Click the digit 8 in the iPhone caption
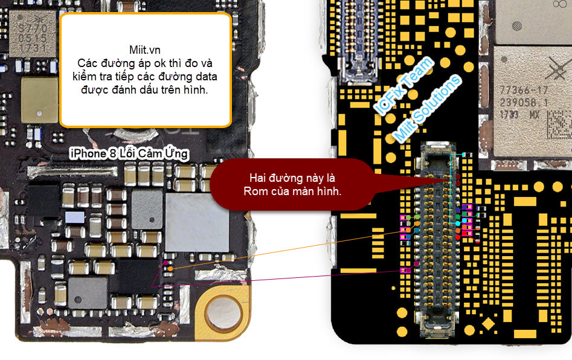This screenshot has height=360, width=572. pyautogui.click(x=113, y=154)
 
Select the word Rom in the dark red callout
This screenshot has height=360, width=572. pyautogui.click(x=257, y=191)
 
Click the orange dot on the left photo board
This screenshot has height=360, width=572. pyautogui.click(x=171, y=268)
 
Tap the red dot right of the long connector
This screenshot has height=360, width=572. pyautogui.click(x=458, y=237)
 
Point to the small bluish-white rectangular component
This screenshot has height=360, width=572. pyautogui.click(x=75, y=217)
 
